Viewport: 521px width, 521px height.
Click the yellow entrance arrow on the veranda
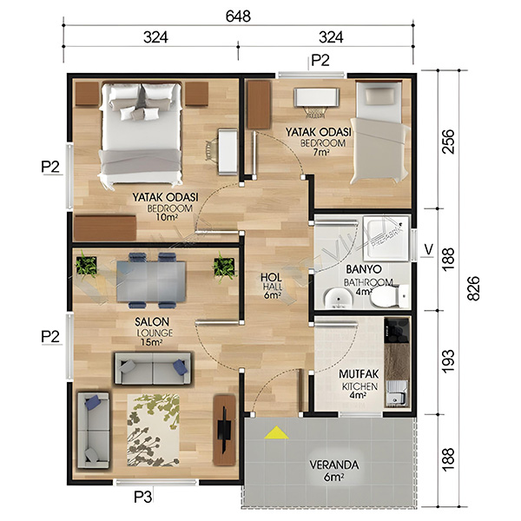[276, 432]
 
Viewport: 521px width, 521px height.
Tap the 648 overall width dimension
[238, 16]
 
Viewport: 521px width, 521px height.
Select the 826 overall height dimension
[473, 288]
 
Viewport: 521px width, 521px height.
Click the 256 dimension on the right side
[448, 141]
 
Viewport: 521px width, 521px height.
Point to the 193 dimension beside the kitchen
[448, 361]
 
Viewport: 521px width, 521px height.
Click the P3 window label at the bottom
[143, 497]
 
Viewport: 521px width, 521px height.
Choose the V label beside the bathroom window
[429, 249]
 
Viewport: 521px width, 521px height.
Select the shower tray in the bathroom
[386, 238]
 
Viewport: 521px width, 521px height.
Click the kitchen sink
[397, 393]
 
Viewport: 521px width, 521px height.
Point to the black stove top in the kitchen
[397, 331]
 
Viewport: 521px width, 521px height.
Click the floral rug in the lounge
[153, 430]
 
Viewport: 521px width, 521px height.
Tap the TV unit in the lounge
[224, 430]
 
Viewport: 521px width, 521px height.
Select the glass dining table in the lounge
[151, 281]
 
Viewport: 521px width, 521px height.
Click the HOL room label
[271, 278]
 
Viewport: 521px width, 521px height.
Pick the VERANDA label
[334, 465]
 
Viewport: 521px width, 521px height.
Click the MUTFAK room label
[359, 374]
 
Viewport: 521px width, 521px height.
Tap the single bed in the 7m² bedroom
[379, 132]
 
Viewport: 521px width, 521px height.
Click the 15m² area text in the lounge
[151, 342]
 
